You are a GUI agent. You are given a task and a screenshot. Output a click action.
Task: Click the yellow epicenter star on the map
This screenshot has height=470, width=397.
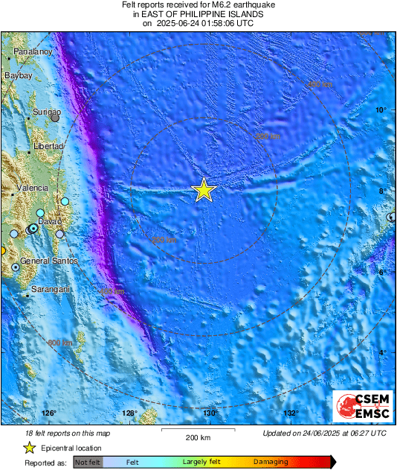pyautogui.click(x=204, y=191)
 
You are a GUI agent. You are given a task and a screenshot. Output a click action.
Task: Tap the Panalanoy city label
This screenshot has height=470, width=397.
pyautogui.click(x=33, y=52)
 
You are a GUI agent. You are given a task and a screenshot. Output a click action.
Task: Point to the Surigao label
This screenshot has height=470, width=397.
pyautogui.click(x=47, y=112)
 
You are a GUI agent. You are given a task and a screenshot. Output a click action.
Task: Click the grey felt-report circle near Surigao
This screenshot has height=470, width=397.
pyautogui.click(x=55, y=118)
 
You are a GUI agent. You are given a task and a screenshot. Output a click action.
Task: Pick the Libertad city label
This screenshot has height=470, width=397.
pyautogui.click(x=48, y=147)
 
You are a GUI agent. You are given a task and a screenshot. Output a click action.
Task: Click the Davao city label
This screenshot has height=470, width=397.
pyautogui.click(x=49, y=222)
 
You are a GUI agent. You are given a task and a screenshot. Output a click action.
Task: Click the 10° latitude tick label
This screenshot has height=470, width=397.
pyautogui.click(x=381, y=110)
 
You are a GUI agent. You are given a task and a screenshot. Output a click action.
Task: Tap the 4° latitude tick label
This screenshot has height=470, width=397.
pyautogui.click(x=383, y=352)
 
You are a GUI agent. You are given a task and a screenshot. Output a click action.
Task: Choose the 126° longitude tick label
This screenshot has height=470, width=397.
pyautogui.click(x=49, y=413)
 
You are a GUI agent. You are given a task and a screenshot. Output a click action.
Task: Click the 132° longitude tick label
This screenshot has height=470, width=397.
pyautogui.click(x=290, y=413)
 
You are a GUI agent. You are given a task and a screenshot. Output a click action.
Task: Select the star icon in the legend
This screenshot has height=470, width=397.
pyautogui.click(x=30, y=448)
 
